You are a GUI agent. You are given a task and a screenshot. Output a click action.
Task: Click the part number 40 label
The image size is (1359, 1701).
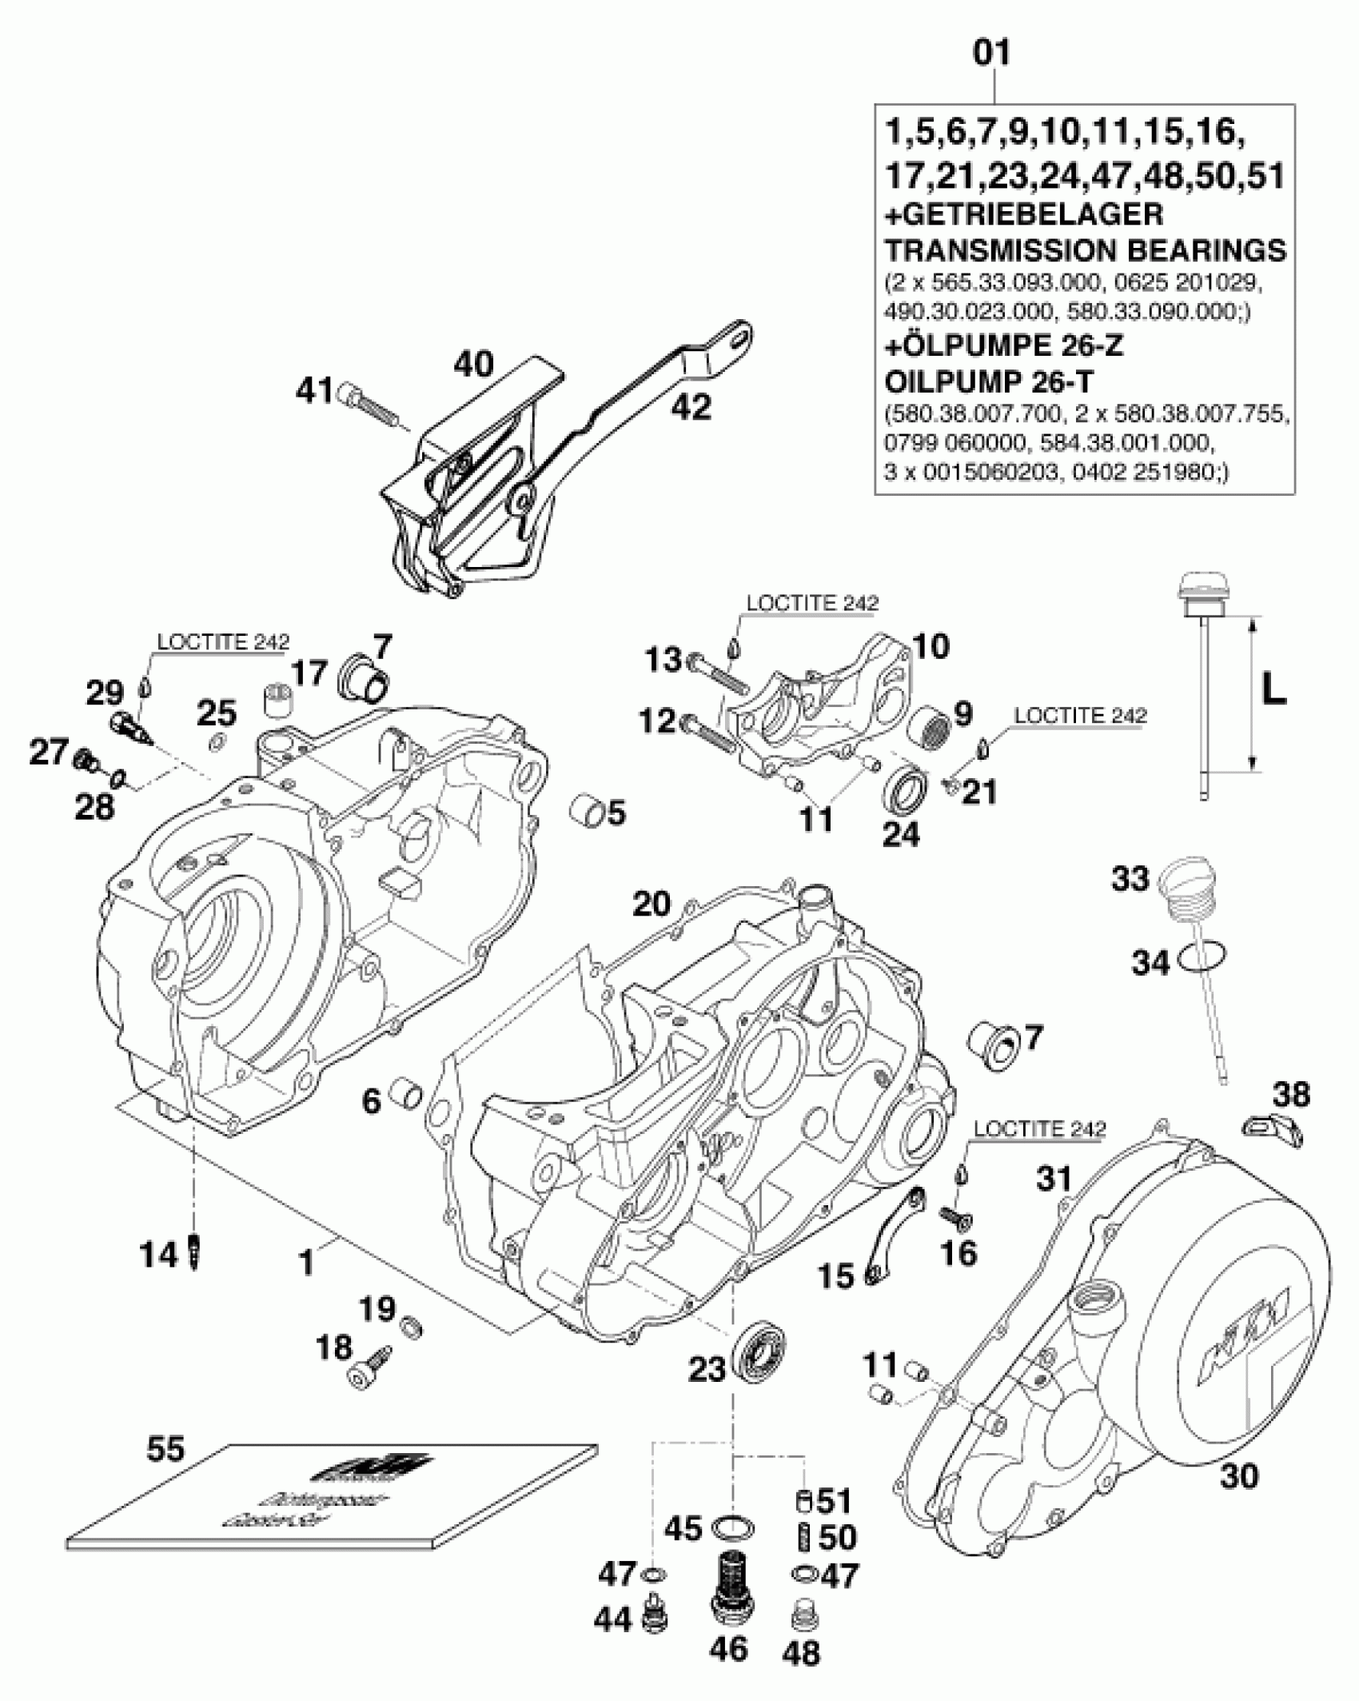[x=474, y=364]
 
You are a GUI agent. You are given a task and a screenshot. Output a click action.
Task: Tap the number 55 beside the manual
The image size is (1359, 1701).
[x=166, y=1448]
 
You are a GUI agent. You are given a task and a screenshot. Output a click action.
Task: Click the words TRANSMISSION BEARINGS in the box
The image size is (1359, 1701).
[x=1085, y=250]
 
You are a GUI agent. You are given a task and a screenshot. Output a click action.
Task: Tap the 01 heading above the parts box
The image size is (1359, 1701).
[x=992, y=54]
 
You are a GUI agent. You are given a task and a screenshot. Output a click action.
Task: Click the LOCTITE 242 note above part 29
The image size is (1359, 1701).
[x=223, y=641]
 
